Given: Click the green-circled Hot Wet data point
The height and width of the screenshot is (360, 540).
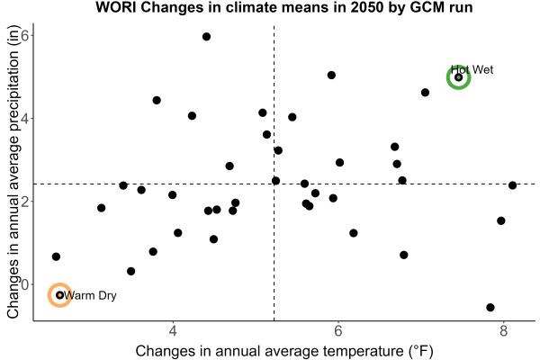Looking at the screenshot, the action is click(458, 77).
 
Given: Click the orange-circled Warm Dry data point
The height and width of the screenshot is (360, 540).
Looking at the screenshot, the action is click(60, 295).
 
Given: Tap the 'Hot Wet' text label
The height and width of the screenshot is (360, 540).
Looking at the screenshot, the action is click(472, 70).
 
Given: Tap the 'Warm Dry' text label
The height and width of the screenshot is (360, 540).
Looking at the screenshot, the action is click(90, 295).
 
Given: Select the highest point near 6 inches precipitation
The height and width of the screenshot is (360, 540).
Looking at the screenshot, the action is click(206, 37).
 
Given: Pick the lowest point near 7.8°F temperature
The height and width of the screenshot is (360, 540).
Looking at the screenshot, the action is click(490, 307).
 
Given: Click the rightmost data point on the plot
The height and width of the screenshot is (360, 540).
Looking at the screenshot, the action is click(512, 185).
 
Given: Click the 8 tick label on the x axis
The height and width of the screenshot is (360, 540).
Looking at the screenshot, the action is click(503, 331).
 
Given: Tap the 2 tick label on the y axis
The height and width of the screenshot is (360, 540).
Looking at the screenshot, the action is click(25, 202).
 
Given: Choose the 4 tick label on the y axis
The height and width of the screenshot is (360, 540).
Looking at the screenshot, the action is click(25, 119).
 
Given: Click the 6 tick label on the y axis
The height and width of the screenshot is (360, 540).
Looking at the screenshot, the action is click(25, 35).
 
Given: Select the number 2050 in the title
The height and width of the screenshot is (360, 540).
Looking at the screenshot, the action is click(367, 7).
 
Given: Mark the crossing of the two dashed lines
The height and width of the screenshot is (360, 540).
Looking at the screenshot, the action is click(274, 184).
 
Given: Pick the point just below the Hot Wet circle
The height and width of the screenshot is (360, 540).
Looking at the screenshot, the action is click(425, 93).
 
